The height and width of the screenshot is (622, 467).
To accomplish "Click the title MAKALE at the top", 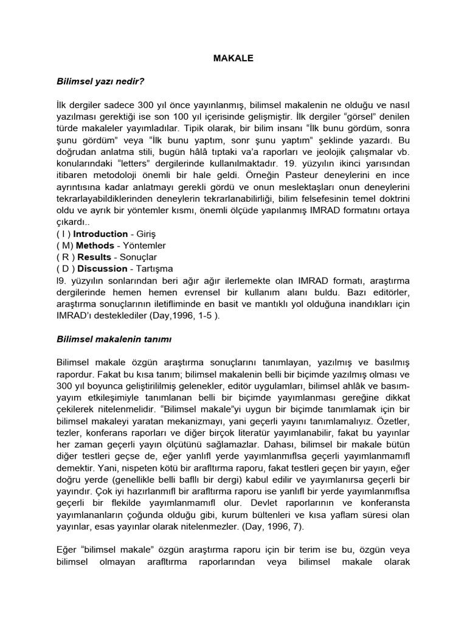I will [x=233, y=59].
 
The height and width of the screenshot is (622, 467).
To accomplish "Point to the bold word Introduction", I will [x=100, y=234].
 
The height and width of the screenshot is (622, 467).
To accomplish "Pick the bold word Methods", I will [x=95, y=245].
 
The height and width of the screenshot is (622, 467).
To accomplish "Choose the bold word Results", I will [x=94, y=257].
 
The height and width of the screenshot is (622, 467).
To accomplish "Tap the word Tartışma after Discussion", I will [x=156, y=268].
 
